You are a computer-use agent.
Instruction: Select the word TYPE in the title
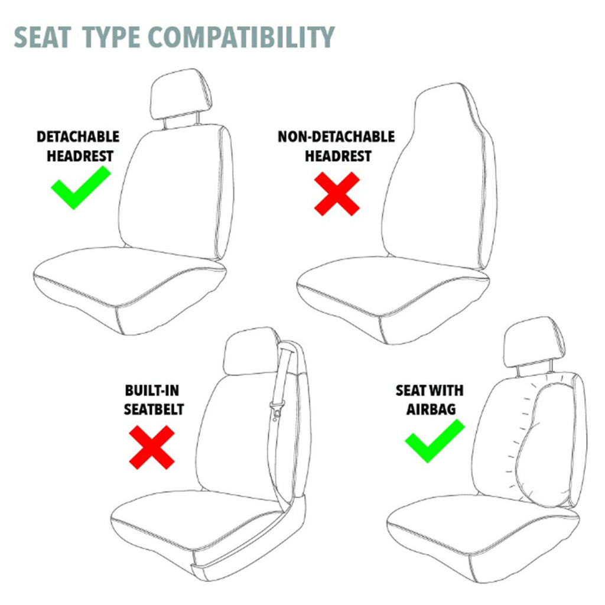coord(111,37)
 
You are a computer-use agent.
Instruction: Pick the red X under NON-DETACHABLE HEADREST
coord(337,194)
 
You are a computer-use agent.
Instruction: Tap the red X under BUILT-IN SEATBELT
coord(152,447)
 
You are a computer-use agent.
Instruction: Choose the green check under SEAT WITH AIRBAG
coord(434,440)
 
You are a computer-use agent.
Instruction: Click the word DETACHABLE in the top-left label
coord(78,137)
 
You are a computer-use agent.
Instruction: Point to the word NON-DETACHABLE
coord(336,137)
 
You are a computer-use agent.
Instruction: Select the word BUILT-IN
coord(152,391)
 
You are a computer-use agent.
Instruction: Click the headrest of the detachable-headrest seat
coord(181,93)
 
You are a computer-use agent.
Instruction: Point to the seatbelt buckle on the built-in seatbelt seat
coord(276,408)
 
